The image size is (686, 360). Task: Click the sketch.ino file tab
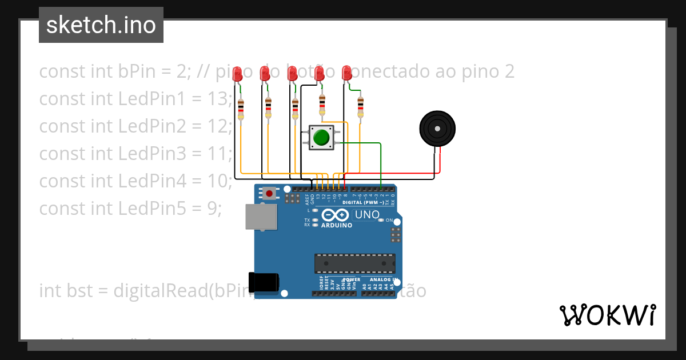coord(101,25)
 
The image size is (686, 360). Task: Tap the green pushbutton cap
coord(321,137)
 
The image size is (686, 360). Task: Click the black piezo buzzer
coord(437,129)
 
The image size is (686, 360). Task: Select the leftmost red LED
coord(237,73)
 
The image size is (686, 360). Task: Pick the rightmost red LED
coord(346,73)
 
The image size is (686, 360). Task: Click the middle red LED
coord(292,73)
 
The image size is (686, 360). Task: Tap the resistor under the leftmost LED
coord(241,109)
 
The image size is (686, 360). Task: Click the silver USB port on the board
coord(261,217)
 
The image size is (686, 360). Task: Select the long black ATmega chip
coord(354,263)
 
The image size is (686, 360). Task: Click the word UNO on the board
coord(367,215)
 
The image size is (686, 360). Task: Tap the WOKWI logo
coord(607,315)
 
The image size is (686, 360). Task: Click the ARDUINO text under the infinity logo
coord(337,225)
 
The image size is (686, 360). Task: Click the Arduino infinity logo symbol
coord(335,215)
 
